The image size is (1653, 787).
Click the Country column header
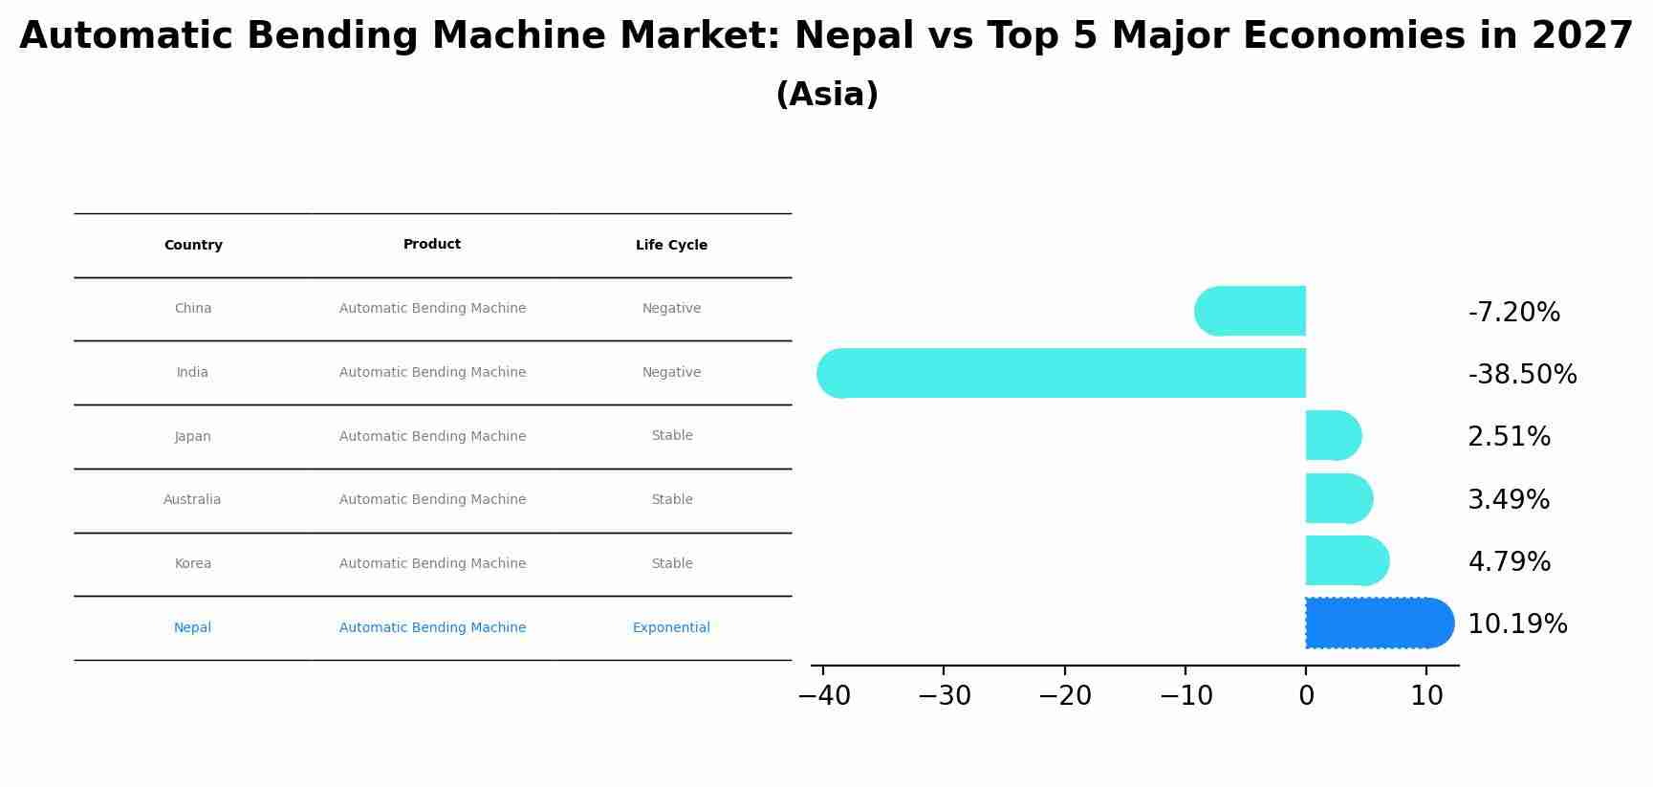point(193,246)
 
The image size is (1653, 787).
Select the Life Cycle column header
point(671,246)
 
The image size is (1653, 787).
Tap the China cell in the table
point(193,309)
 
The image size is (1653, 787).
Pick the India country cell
point(192,373)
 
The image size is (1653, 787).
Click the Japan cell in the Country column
point(193,437)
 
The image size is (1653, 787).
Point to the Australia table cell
point(192,500)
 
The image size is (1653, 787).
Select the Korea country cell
point(193,564)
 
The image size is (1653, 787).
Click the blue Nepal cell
point(192,628)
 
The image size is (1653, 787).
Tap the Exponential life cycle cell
point(671,628)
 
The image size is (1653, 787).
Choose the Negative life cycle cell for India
point(671,373)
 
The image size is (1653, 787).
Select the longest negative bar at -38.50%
point(1061,373)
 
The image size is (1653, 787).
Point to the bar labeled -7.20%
point(1251,311)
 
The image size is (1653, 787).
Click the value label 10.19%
point(1517,624)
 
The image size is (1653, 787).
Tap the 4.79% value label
point(1509,562)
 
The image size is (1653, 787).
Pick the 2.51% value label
point(1509,437)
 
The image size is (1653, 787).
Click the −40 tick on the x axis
point(824,696)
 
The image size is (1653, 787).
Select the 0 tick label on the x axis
point(1306,696)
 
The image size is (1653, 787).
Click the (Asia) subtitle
point(827,95)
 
